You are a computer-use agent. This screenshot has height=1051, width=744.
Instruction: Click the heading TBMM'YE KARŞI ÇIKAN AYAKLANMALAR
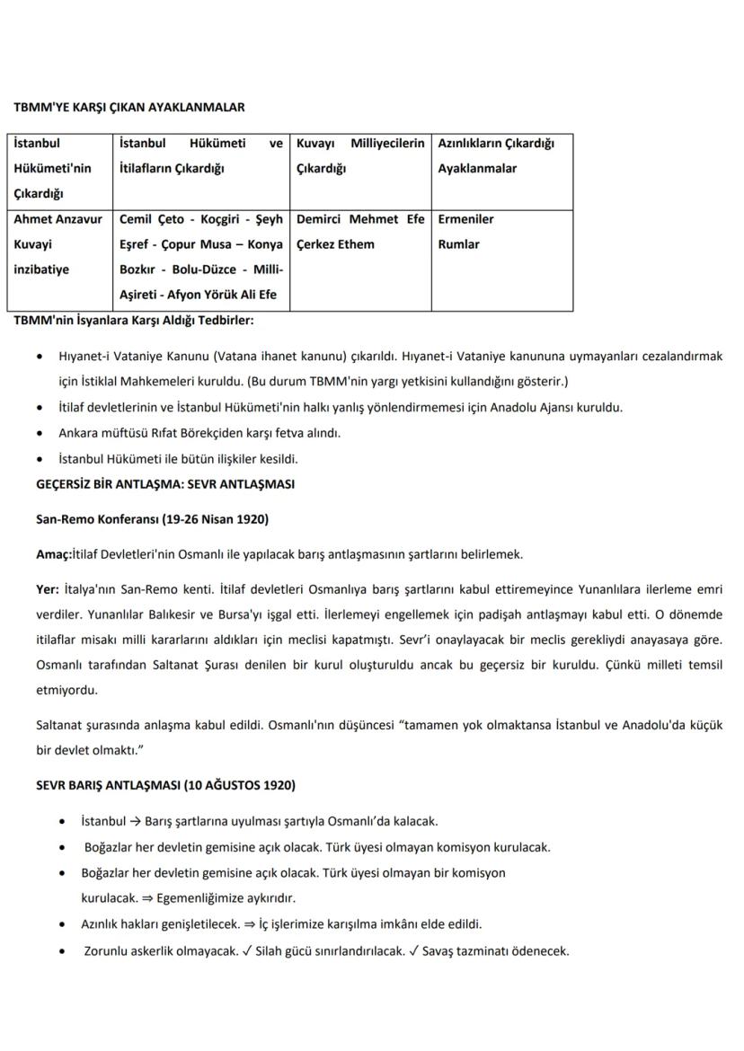pos(129,107)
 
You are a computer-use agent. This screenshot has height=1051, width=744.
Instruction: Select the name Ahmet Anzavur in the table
pos(58,219)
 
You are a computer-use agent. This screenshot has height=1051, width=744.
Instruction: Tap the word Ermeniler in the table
pos(465,219)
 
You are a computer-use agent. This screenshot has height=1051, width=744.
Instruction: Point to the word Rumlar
pos(458,244)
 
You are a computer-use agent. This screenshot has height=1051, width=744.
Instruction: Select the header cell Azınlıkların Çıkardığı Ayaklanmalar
pos(496,155)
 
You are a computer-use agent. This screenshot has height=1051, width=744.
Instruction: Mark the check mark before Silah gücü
pos(261,951)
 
